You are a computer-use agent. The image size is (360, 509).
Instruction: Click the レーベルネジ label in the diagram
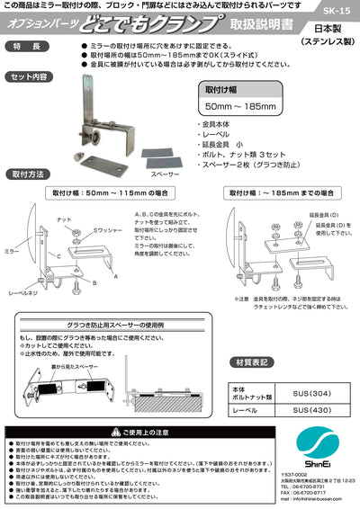(24, 292)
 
